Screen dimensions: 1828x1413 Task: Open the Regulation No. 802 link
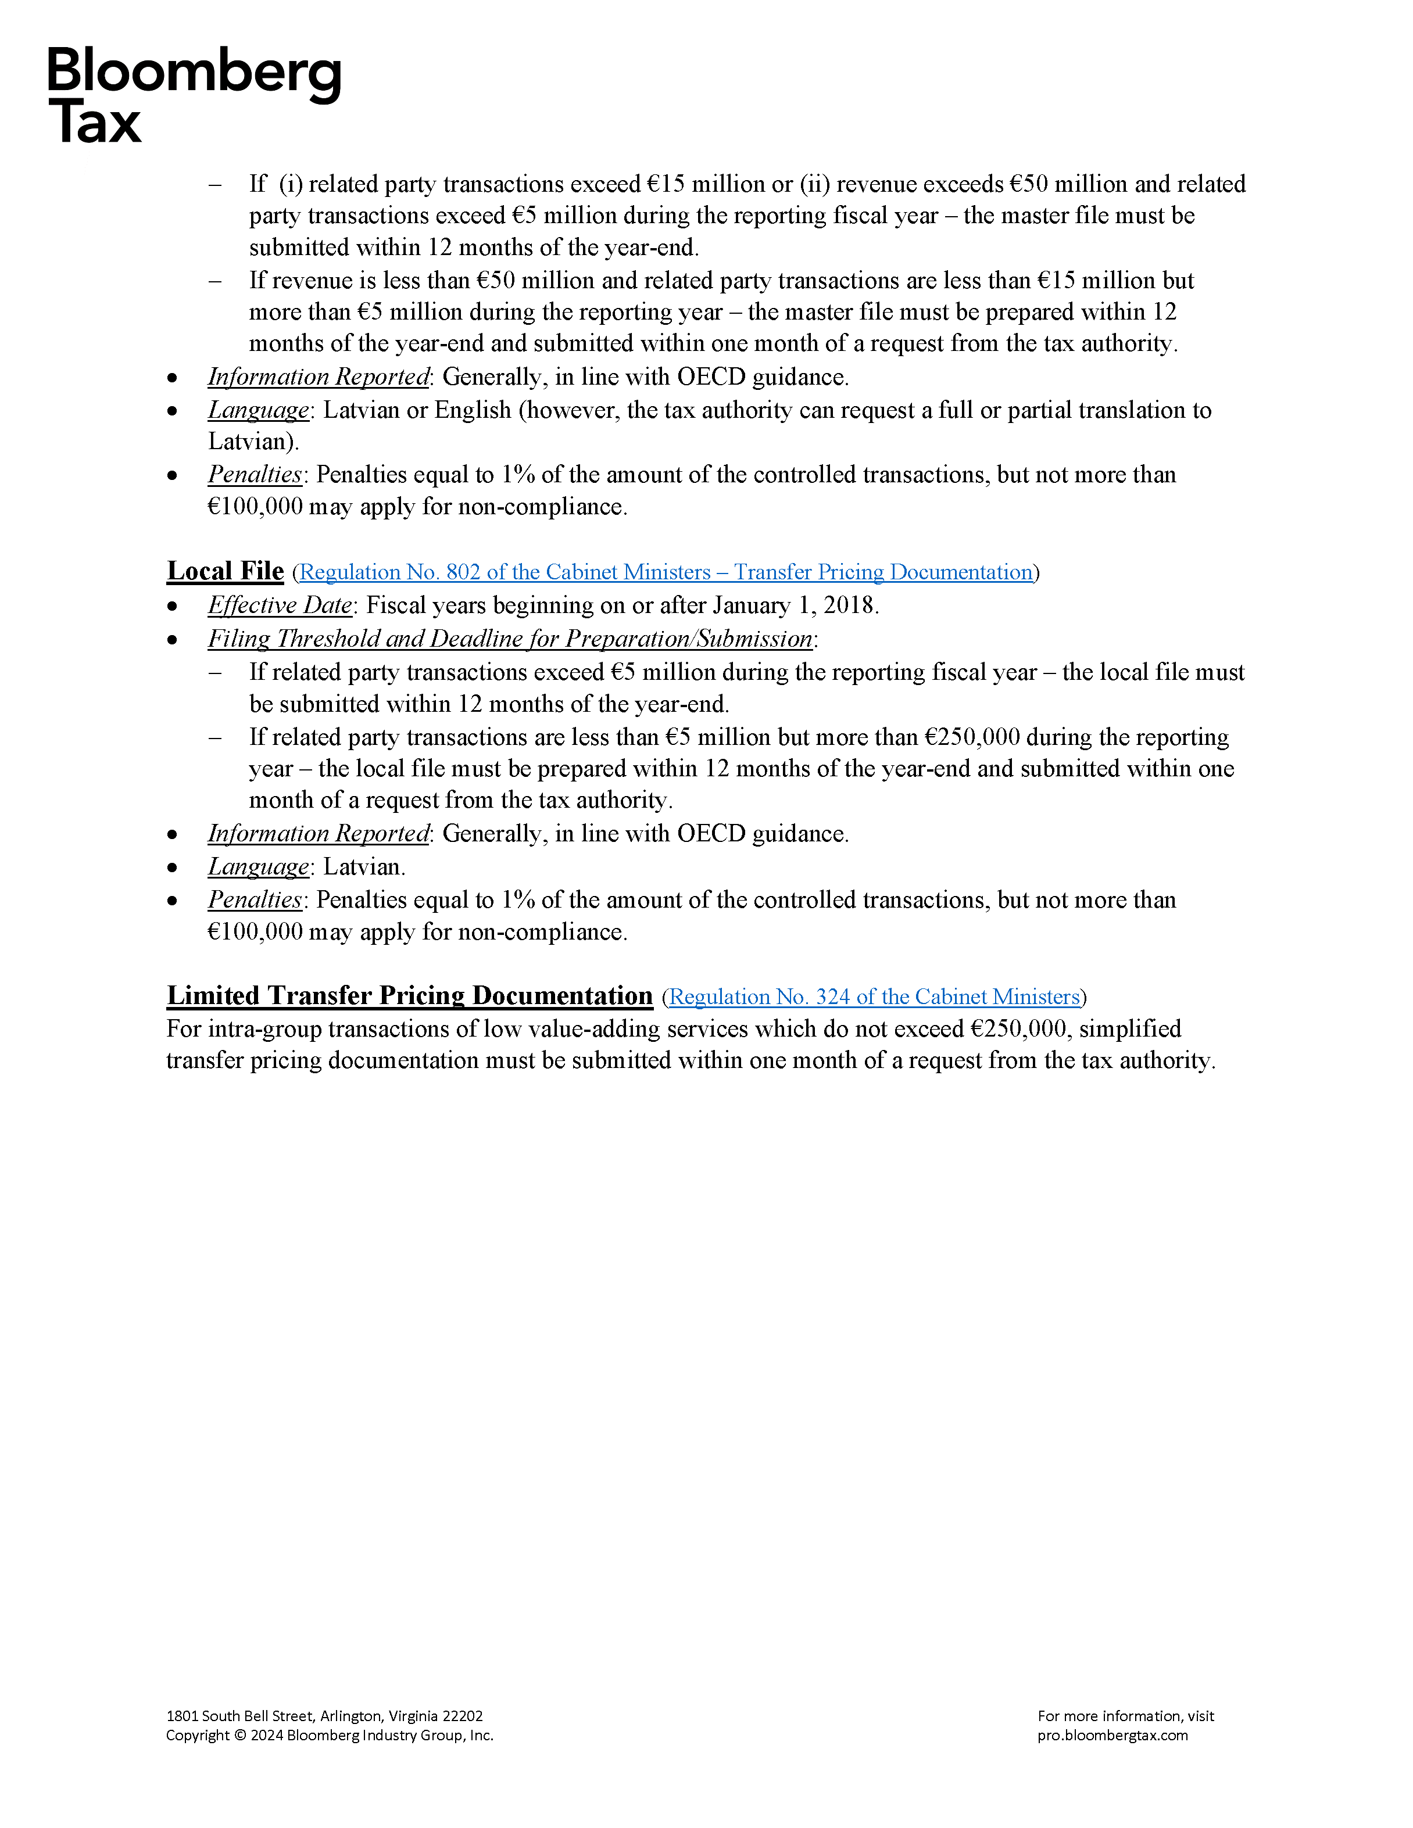pos(666,572)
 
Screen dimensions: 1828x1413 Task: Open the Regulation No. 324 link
pos(875,997)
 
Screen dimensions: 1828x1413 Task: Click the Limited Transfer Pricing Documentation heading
pos(409,995)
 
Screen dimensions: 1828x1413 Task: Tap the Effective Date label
pos(280,605)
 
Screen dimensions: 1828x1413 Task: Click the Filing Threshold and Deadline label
pos(510,639)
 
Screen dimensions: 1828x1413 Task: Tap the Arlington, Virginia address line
pos(324,1716)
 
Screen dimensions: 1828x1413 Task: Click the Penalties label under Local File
pos(255,900)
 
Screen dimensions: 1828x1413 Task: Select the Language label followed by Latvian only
pos(258,867)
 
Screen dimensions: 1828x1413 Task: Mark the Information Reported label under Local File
pos(318,834)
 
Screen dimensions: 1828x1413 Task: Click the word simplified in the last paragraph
pos(1130,1028)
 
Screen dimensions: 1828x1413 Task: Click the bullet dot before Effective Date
pos(173,606)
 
